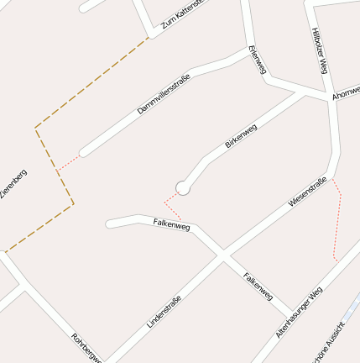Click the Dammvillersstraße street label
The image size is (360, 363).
click(164, 94)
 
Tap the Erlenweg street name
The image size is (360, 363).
click(258, 60)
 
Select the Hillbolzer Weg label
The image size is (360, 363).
click(319, 51)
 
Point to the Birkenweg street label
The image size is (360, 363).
click(241, 136)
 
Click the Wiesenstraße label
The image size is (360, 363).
click(307, 192)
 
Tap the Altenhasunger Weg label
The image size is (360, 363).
click(299, 313)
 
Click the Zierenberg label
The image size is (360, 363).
click(14, 186)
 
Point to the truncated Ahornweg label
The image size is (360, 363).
click(346, 92)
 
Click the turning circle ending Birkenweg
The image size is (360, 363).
click(183, 188)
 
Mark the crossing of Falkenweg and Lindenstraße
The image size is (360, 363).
click(222, 255)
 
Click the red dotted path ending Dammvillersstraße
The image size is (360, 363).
click(69, 161)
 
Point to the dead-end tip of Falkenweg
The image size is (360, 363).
click(108, 224)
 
